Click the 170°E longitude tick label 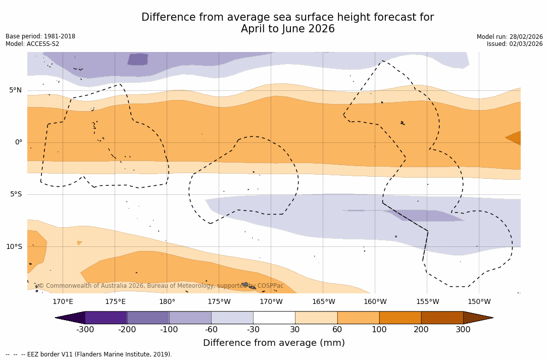tap(63, 302)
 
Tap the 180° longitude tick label tap(167, 302)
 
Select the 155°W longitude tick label tap(427, 302)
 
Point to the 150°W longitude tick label tap(479, 302)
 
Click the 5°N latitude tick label tap(15, 90)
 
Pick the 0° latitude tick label tap(19, 142)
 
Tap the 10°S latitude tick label tap(14, 247)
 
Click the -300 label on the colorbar tap(85, 330)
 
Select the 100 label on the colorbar tap(379, 330)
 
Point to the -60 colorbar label tap(211, 330)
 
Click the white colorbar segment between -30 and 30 tap(274, 318)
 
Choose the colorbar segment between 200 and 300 tap(442, 318)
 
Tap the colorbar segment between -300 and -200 tap(106, 318)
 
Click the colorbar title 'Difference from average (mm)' tap(274, 343)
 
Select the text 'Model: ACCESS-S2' tap(32, 44)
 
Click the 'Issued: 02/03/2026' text tap(515, 44)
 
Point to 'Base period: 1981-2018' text tap(40, 36)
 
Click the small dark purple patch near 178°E tap(138, 59)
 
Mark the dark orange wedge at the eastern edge tap(515, 137)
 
